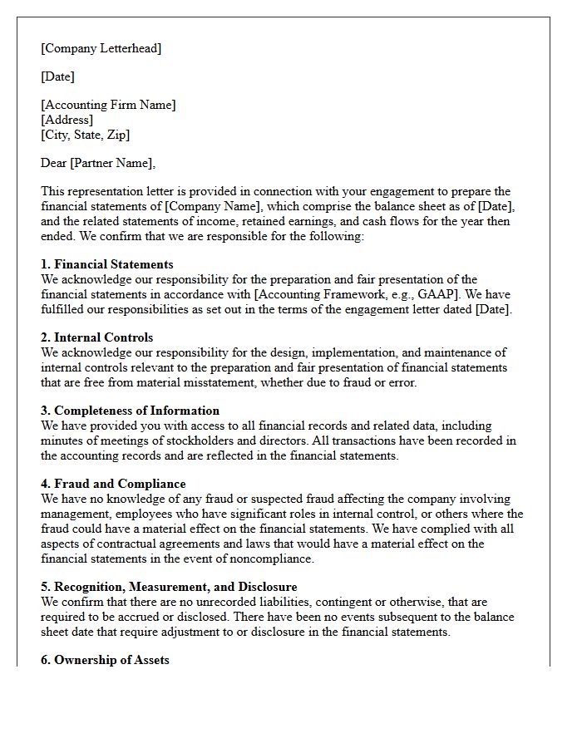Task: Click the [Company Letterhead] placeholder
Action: (x=101, y=48)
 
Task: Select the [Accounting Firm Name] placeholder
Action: (x=108, y=105)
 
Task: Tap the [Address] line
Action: (x=67, y=120)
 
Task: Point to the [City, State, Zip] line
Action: (x=86, y=135)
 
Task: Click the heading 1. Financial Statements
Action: (x=107, y=264)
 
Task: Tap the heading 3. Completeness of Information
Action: (x=130, y=411)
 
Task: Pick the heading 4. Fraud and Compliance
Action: (x=113, y=484)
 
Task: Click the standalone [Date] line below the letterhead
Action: (x=57, y=76)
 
